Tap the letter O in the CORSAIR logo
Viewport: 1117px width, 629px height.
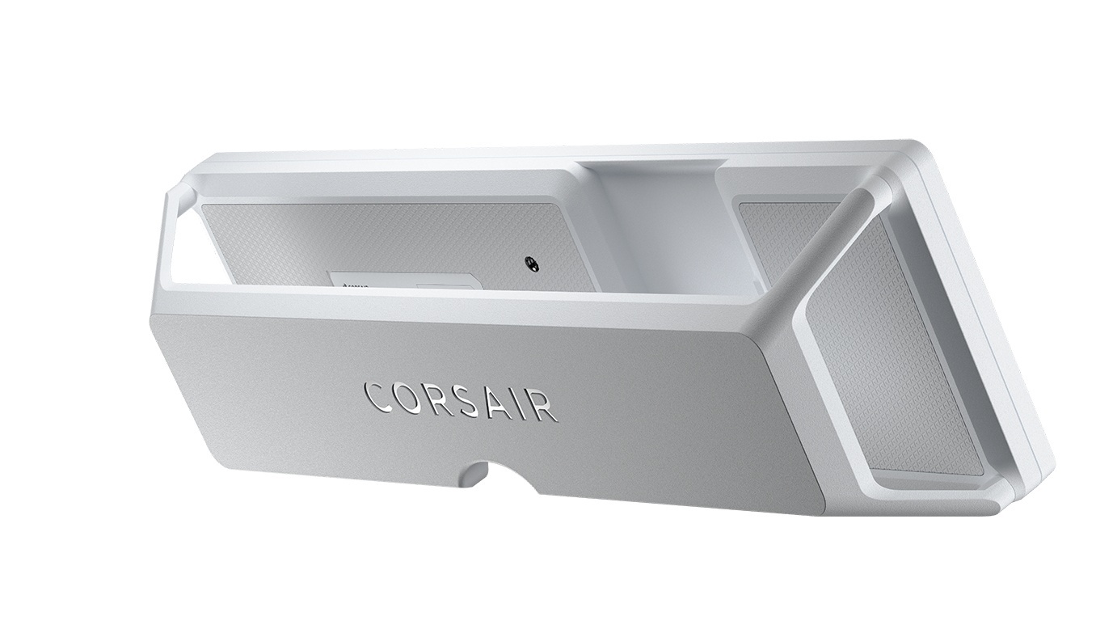(x=407, y=397)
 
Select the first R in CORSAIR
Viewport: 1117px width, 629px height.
(x=439, y=399)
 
